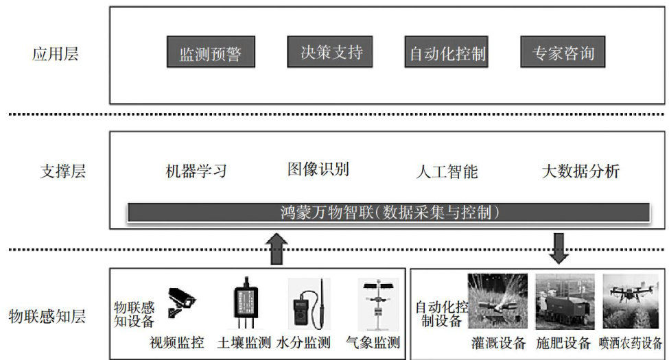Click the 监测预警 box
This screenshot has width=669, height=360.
(211, 52)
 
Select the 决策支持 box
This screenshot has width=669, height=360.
(330, 51)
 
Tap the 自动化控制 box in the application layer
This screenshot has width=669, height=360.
(446, 52)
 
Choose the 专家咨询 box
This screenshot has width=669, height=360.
(563, 52)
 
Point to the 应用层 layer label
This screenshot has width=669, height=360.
(55, 54)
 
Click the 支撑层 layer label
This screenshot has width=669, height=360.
(62, 171)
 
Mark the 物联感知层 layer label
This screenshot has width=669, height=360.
(47, 317)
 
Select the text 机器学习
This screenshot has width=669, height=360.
(196, 171)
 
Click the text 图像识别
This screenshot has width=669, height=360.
(318, 169)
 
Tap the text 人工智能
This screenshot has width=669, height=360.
(447, 171)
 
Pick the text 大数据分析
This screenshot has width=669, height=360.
(580, 171)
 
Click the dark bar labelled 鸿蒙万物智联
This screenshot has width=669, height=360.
(388, 213)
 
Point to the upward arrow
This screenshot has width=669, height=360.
(277, 249)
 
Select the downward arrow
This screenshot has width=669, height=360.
(559, 248)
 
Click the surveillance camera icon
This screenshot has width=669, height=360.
(180, 302)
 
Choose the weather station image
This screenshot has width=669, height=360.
(377, 304)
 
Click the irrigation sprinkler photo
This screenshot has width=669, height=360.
(497, 301)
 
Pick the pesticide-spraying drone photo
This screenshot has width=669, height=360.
(631, 301)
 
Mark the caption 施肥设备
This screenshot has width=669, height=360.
(563, 343)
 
